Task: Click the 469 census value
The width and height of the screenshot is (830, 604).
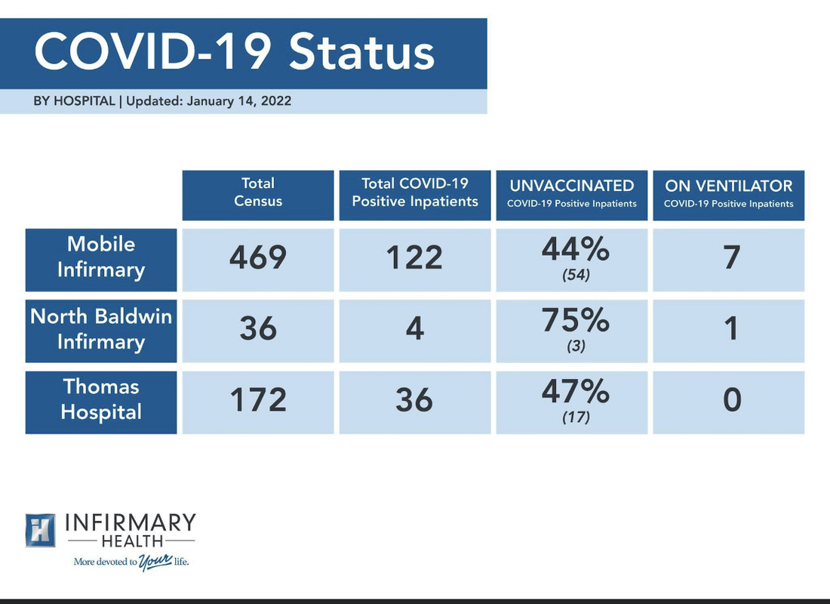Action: [x=258, y=257]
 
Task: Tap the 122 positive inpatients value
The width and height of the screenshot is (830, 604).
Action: [x=414, y=257]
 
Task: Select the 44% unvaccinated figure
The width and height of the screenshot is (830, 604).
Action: [x=576, y=249]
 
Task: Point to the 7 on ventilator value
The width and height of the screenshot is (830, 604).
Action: [x=732, y=257]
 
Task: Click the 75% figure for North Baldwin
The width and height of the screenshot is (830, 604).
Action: [x=576, y=321]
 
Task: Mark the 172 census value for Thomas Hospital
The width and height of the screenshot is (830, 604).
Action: [x=258, y=400]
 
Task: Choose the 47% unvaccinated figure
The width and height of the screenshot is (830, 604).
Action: [x=576, y=392]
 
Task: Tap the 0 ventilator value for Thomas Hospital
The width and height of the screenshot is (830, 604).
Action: [x=732, y=400]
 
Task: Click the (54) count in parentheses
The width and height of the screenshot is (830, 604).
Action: [x=576, y=275]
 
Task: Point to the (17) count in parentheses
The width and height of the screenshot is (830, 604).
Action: [x=576, y=417]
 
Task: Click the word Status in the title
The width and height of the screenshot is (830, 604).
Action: [x=361, y=52]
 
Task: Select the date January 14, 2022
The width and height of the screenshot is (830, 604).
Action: [x=238, y=100]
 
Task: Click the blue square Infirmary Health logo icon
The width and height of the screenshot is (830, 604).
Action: [x=40, y=530]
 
